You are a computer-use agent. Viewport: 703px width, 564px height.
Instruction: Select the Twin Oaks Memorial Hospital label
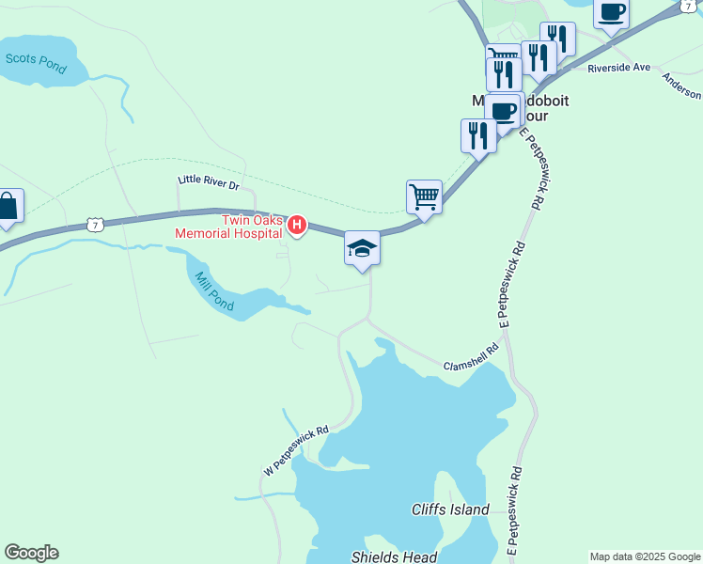(251, 227)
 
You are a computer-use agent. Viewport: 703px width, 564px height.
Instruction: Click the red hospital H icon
(297, 225)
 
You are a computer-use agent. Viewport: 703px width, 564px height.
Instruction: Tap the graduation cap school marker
(362, 249)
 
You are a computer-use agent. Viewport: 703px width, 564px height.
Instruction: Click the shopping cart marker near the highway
(425, 197)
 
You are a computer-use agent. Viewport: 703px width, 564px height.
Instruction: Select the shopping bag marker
(8, 207)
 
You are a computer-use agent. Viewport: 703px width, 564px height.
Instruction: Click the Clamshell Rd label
(470, 357)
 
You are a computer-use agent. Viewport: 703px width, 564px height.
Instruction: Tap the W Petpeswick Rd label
(296, 449)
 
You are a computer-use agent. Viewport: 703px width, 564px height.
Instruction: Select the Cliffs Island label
(450, 509)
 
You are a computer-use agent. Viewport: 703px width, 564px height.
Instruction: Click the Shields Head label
(394, 556)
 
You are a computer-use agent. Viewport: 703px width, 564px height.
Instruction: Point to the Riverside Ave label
(619, 68)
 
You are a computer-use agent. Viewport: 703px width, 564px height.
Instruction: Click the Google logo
(31, 553)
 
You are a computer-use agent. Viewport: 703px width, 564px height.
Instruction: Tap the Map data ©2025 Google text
(645, 556)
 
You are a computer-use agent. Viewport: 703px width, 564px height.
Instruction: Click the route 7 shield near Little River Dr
(93, 224)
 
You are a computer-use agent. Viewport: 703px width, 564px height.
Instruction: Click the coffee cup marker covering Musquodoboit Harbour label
(504, 111)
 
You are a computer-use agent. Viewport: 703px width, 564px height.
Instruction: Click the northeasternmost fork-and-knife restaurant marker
(558, 39)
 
